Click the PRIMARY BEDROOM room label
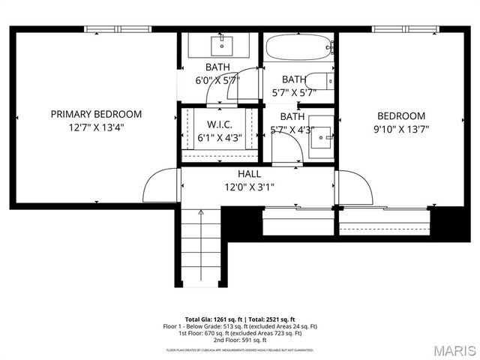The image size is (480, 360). (x=96, y=114)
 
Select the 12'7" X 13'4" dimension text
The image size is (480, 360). (x=96, y=127)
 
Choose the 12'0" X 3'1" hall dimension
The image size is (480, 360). (x=250, y=187)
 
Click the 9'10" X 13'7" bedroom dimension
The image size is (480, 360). (x=400, y=130)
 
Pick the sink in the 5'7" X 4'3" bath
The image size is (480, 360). (x=320, y=135)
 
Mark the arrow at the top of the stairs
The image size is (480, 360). (x=201, y=214)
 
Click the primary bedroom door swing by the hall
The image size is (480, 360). (x=160, y=188)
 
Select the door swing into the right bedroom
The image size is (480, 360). (x=355, y=188)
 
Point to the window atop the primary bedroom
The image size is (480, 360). (x=118, y=29)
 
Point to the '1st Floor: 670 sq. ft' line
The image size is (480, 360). (x=240, y=334)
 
